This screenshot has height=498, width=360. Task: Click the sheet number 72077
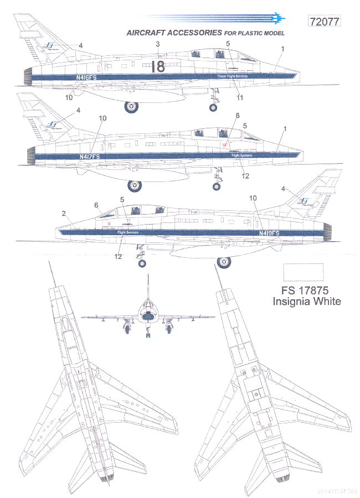[x=323, y=22]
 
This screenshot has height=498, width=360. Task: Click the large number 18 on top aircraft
[x=158, y=67]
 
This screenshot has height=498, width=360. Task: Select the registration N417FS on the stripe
[x=89, y=157]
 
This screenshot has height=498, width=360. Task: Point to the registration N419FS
[x=269, y=234]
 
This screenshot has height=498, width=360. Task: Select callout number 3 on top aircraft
[x=158, y=43]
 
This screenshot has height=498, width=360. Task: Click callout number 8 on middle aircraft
[x=238, y=116]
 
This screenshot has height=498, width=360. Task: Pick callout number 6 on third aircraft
[x=96, y=205]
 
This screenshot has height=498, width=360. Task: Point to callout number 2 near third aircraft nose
[x=64, y=213]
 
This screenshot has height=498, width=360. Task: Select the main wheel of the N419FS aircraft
[x=223, y=262]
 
